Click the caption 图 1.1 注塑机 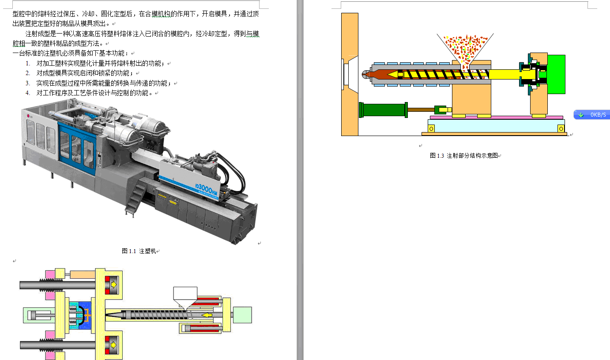[x=139, y=251]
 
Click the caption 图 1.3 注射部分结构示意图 [x=464, y=155]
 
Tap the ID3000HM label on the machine [x=206, y=188]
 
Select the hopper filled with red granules [x=465, y=48]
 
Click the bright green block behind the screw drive [x=556, y=74]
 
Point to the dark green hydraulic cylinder [x=383, y=110]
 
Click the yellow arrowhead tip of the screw [x=387, y=74]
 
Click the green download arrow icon [x=581, y=115]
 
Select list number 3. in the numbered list [x=28, y=83]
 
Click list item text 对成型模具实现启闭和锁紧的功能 [x=83, y=73]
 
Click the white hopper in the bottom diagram [x=185, y=297]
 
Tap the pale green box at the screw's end [x=242, y=315]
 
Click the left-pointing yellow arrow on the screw [x=207, y=315]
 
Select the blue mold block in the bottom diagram [x=85, y=315]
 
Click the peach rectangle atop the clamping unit [x=83, y=274]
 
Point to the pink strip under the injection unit [x=497, y=117]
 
